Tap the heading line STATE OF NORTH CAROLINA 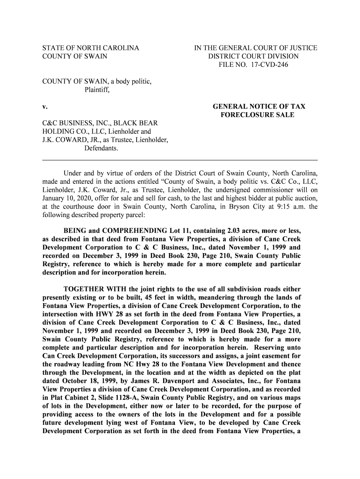[x=91, y=48]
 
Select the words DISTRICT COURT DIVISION [x=256, y=57]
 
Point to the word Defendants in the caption [x=101, y=149]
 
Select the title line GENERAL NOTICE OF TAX [x=259, y=107]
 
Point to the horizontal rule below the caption [x=180, y=160]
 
